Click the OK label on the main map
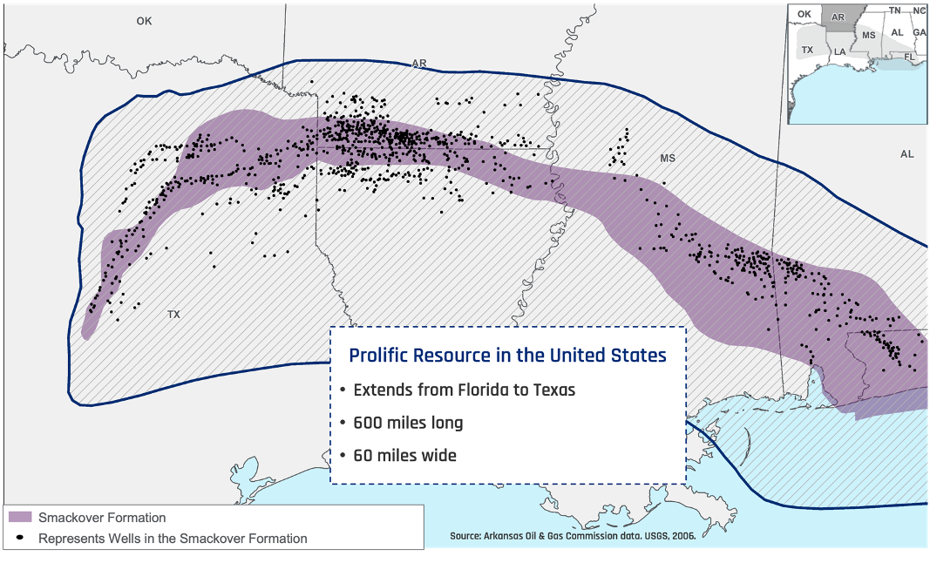click(144, 21)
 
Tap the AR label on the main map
click(419, 64)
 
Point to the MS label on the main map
click(668, 159)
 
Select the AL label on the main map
click(907, 154)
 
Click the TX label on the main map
click(173, 314)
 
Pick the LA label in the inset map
click(839, 51)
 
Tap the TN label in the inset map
click(894, 10)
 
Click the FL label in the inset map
click(909, 56)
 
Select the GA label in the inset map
click(919, 32)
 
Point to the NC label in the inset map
click(920, 10)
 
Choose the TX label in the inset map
click(807, 50)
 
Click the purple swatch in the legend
click(20, 518)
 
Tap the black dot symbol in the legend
click(20, 538)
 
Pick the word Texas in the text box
click(554, 390)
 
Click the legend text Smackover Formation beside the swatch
click(102, 518)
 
